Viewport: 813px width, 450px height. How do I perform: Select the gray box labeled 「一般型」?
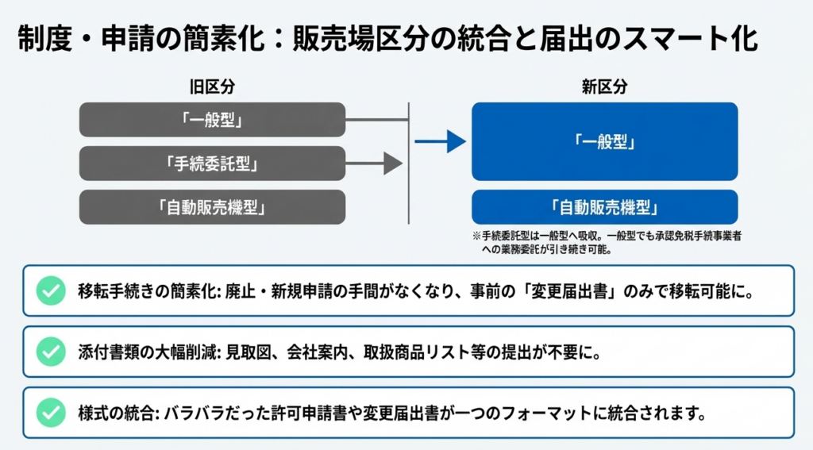[x=212, y=120]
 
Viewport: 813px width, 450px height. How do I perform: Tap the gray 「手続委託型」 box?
[x=212, y=163]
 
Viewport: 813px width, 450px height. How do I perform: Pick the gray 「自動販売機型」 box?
[x=212, y=207]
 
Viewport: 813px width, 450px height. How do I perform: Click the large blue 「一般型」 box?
[x=604, y=141]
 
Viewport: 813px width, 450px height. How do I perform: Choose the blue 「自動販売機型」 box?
[x=604, y=207]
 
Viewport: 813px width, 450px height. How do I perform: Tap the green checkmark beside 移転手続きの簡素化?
[x=51, y=291]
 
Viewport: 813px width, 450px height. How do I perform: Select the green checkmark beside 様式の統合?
[x=51, y=412]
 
